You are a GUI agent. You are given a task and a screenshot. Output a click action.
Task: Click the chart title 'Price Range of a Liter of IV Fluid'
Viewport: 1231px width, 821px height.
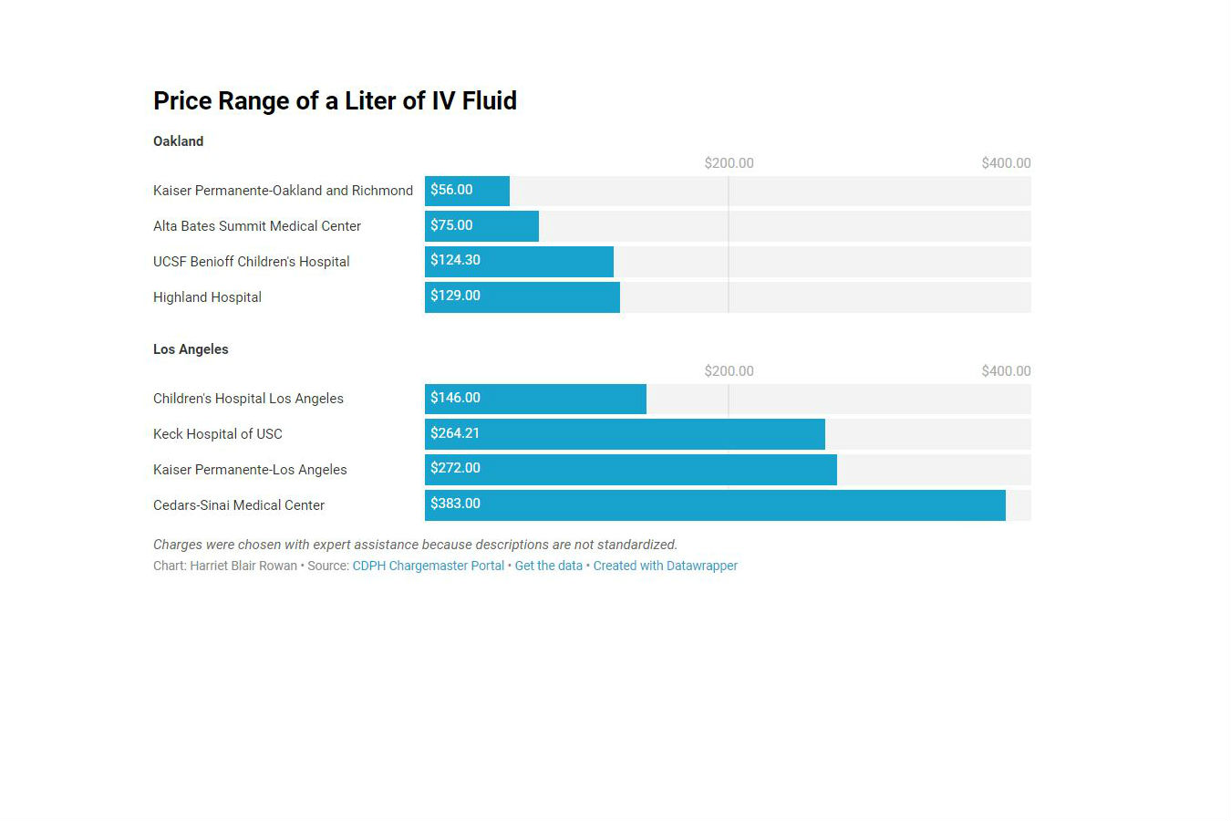pyautogui.click(x=335, y=100)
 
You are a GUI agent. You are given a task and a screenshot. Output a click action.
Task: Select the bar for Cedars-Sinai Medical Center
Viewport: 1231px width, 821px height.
pyautogui.click(x=715, y=505)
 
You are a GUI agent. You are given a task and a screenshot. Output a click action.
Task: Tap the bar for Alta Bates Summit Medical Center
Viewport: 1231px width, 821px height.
pyautogui.click(x=481, y=226)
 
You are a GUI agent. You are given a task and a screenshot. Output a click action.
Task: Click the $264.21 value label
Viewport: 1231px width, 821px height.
pyautogui.click(x=455, y=433)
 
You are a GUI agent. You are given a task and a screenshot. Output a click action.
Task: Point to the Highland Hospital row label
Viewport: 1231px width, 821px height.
pyautogui.click(x=207, y=297)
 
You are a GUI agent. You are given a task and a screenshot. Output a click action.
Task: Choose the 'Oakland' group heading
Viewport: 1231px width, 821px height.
pyautogui.click(x=178, y=141)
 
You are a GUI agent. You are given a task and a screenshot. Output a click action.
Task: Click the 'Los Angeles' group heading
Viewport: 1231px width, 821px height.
pyautogui.click(x=191, y=349)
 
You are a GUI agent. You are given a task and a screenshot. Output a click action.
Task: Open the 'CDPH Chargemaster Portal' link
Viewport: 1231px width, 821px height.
pyautogui.click(x=428, y=566)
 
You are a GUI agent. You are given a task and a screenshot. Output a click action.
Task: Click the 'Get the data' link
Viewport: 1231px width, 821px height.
pyautogui.click(x=548, y=566)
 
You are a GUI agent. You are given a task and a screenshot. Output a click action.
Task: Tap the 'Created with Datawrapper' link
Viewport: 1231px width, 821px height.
pyautogui.click(x=665, y=566)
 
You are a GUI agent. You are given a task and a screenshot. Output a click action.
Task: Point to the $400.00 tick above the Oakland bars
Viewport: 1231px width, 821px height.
pyautogui.click(x=1006, y=163)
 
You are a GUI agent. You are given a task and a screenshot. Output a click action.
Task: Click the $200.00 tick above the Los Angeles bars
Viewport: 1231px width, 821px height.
pyautogui.click(x=729, y=371)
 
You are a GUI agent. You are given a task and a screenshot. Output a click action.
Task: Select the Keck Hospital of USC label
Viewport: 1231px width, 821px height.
pyautogui.click(x=217, y=434)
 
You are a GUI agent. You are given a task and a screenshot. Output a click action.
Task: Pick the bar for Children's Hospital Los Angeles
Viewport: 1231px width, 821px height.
pyautogui.click(x=535, y=399)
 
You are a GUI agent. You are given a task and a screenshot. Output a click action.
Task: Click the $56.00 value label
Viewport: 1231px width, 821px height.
pyautogui.click(x=451, y=190)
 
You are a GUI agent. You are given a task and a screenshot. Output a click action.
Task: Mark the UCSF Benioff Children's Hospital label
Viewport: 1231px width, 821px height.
pyautogui.click(x=251, y=262)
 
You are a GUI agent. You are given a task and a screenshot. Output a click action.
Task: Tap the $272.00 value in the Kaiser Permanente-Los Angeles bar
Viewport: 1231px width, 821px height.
pyautogui.click(x=455, y=468)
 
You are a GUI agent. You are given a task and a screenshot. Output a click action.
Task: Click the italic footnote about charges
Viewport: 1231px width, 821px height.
pyautogui.click(x=415, y=545)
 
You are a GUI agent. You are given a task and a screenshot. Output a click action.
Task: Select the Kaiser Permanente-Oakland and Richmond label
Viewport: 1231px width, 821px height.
pyautogui.click(x=283, y=191)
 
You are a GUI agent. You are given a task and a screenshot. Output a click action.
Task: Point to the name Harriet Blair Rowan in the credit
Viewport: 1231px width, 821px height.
pyautogui.click(x=243, y=566)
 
